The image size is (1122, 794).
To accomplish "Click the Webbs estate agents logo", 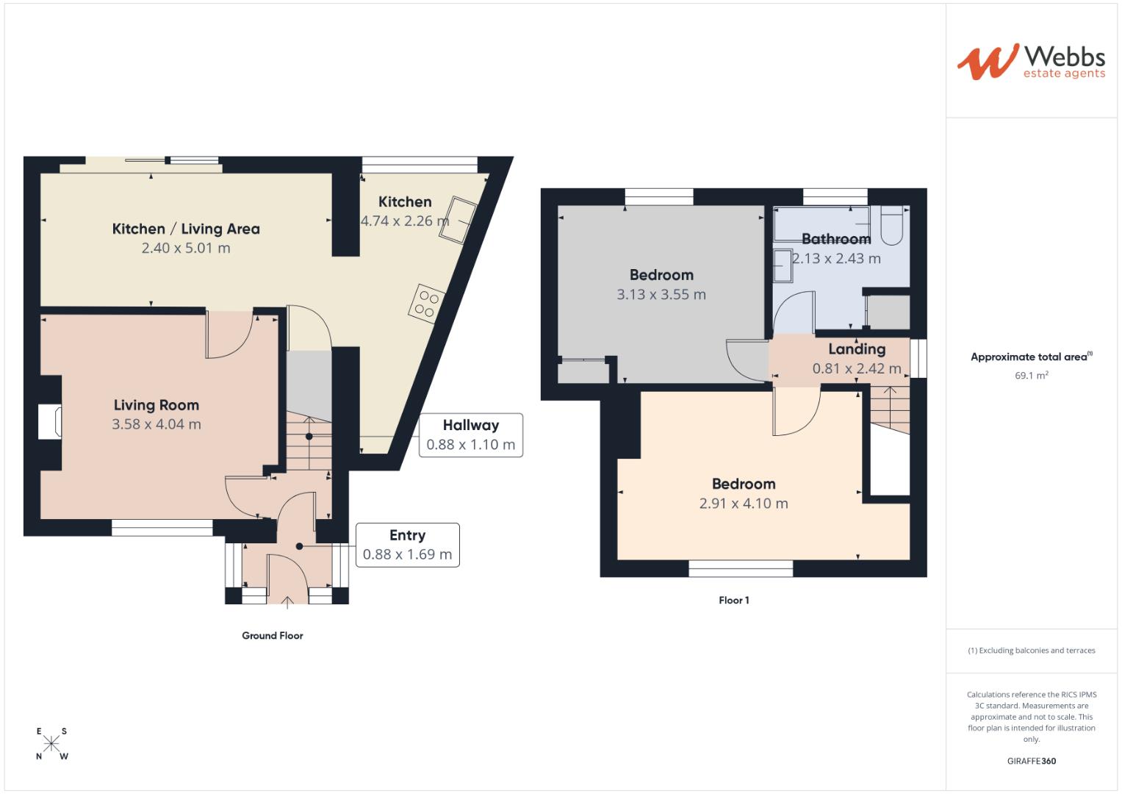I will click(x=1030, y=62).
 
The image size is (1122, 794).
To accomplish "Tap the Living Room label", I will click(x=156, y=405).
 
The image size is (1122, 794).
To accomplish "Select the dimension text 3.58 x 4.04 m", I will click(x=156, y=424).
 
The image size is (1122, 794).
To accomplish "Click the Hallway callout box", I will click(x=470, y=435).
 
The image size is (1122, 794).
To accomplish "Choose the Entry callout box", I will click(x=407, y=545).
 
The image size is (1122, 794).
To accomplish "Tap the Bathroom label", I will click(x=836, y=239).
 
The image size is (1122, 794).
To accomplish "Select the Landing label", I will click(x=857, y=349).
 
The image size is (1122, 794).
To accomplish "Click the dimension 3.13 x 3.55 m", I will click(x=661, y=295).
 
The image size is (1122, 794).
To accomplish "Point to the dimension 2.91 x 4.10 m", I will click(x=744, y=504).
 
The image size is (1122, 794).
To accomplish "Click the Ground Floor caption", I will click(x=273, y=636).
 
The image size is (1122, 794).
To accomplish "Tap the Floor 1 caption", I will click(x=734, y=601).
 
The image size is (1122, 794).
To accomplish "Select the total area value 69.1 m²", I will click(x=1031, y=376).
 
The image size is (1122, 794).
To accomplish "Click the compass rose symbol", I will click(x=51, y=744).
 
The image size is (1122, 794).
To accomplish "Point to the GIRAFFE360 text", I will click(x=1031, y=761).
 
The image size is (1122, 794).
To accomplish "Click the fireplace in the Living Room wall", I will click(x=51, y=422).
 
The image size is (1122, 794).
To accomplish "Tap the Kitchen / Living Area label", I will click(x=186, y=229).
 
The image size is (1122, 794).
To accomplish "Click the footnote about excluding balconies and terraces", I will click(x=1031, y=651).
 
